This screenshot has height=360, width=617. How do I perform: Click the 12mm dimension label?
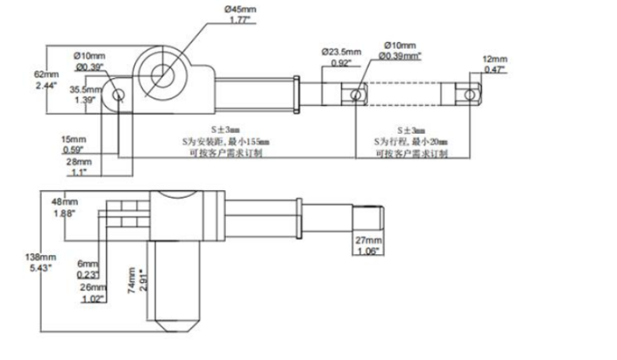[495, 61]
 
